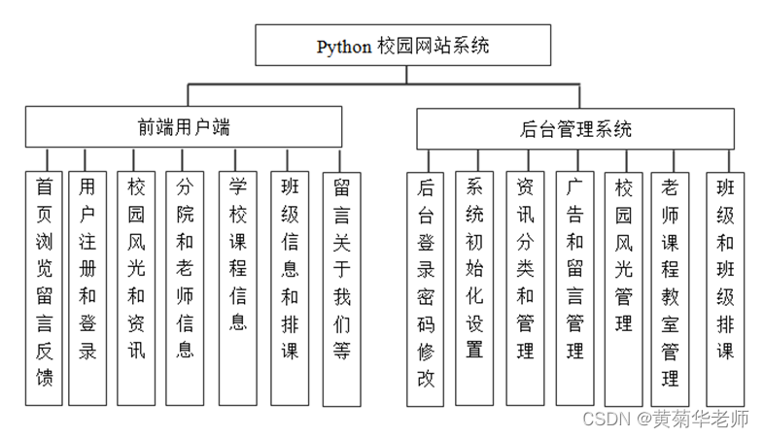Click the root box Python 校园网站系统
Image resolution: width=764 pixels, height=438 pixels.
(403, 46)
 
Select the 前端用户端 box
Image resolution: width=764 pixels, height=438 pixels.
(184, 126)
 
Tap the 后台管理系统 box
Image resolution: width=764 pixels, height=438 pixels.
(575, 128)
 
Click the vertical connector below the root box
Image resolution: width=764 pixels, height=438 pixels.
(404, 76)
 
